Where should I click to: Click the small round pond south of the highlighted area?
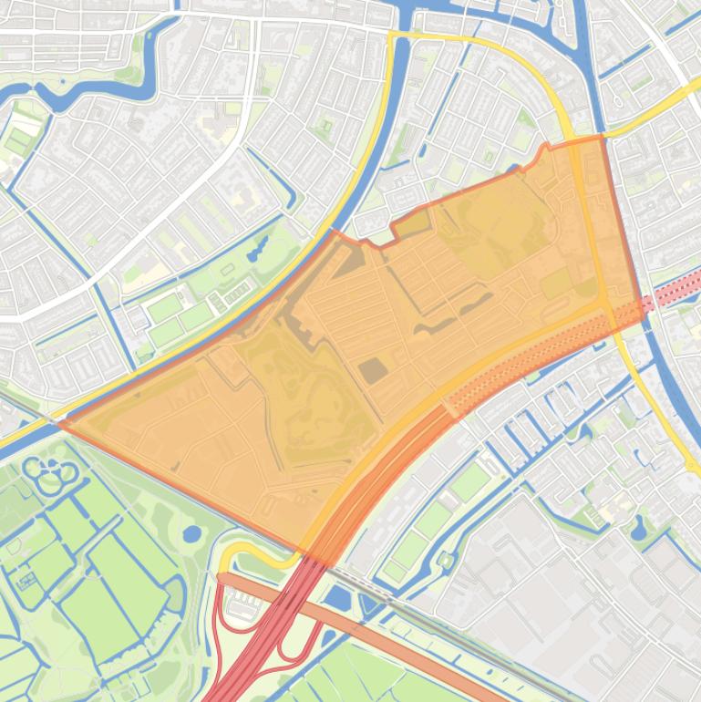(x=191, y=533)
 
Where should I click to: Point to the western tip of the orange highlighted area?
(x=61, y=423)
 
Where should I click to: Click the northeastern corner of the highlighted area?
(x=603, y=138)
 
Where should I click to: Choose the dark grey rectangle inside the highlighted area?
(x=371, y=371)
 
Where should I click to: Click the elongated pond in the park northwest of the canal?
(x=259, y=247)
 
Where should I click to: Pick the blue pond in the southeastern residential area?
(x=638, y=528)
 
